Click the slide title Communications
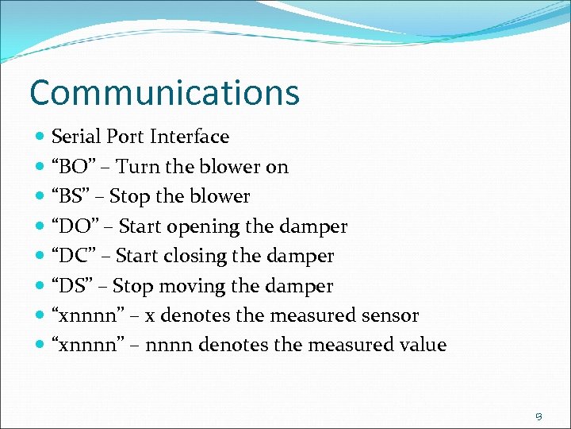coord(164,92)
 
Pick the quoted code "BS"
coord(71,196)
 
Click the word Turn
coord(136,167)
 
